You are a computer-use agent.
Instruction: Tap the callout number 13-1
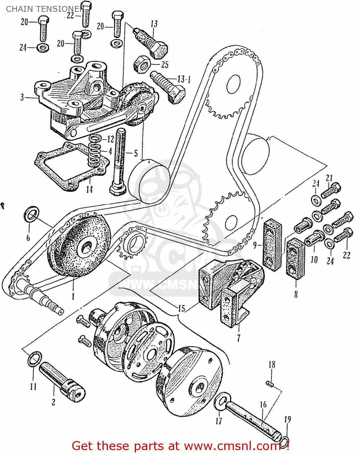(184, 80)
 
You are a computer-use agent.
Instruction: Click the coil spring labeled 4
(95, 151)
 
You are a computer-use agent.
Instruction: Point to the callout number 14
(89, 189)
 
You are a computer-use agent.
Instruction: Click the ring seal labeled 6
(31, 214)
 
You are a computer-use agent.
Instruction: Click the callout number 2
(54, 402)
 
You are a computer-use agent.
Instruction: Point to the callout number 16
(263, 404)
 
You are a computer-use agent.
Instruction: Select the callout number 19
(287, 419)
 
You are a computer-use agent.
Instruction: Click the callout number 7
(238, 338)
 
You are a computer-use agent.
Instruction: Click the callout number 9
(255, 245)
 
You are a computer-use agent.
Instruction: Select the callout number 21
(329, 178)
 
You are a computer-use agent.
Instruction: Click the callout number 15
(181, 309)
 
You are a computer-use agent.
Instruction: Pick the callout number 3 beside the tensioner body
(22, 97)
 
